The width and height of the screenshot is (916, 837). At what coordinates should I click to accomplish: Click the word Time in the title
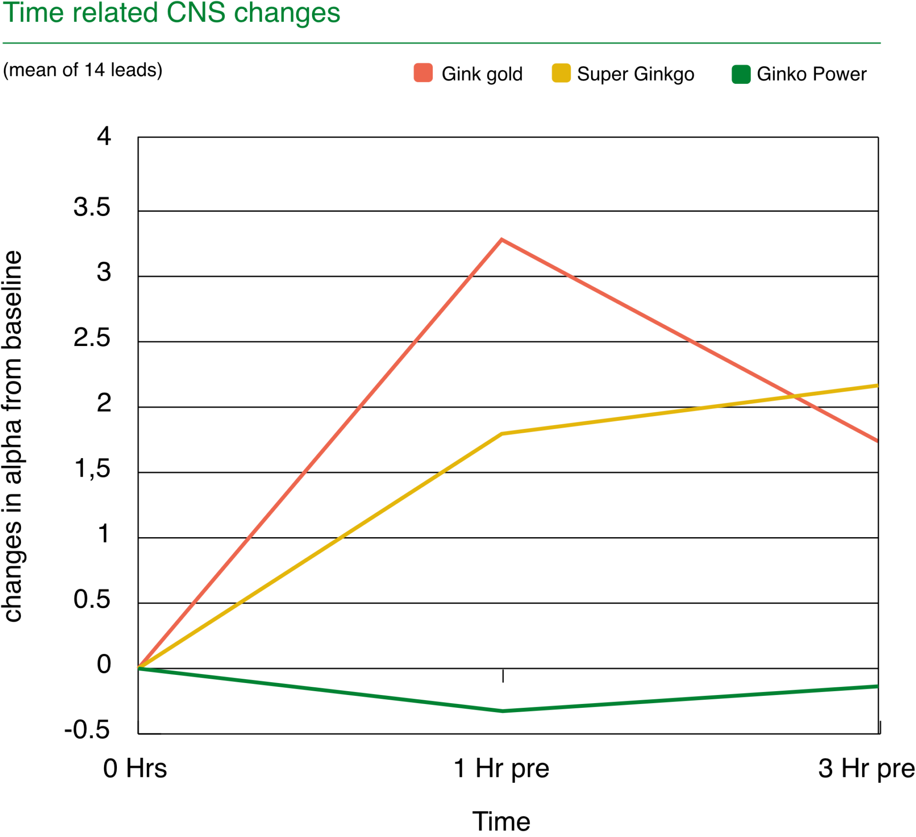click(x=33, y=13)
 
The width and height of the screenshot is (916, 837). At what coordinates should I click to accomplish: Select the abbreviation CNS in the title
click(x=196, y=13)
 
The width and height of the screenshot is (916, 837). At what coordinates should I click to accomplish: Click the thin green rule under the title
click(x=441, y=43)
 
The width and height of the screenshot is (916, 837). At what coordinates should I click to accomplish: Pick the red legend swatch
click(x=423, y=72)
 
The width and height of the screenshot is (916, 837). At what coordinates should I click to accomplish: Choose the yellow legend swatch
click(x=561, y=73)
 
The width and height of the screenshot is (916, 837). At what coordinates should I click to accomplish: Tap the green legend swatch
click(x=741, y=74)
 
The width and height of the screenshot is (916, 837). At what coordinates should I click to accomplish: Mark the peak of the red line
click(x=502, y=240)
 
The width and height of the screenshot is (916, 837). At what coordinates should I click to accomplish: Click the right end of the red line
click(x=876, y=440)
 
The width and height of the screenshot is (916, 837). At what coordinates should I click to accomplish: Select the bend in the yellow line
click(x=502, y=433)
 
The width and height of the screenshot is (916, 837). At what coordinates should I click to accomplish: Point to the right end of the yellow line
click(x=876, y=386)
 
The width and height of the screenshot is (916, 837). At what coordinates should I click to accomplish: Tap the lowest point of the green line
click(x=502, y=711)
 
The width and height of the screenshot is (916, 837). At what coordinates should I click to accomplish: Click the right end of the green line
click(x=876, y=686)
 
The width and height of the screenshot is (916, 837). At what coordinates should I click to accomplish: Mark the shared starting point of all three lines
click(x=139, y=667)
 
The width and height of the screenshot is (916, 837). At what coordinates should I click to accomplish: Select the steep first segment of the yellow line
click(x=320, y=551)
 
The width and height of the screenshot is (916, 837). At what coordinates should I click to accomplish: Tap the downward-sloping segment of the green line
click(x=320, y=689)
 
